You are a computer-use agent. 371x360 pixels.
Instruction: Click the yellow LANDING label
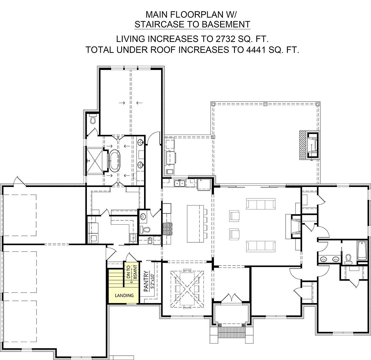coord(124,295)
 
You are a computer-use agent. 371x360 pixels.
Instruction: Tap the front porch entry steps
coord(231,334)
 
